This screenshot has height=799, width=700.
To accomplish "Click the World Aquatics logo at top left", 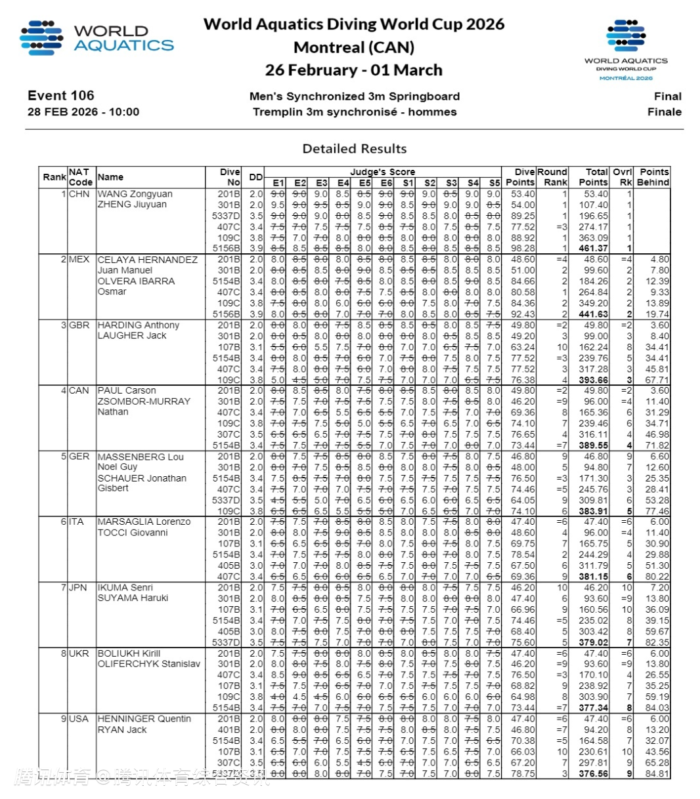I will tap(97, 38).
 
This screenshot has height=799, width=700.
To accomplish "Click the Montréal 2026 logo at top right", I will tap(626, 51).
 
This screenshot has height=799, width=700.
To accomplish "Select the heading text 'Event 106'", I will tap(61, 96).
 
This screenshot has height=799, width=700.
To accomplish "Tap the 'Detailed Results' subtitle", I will tap(355, 148).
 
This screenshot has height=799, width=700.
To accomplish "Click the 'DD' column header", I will tap(255, 177).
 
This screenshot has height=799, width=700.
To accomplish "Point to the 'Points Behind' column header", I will tap(654, 177).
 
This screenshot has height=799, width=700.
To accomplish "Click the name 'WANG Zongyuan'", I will tap(135, 194).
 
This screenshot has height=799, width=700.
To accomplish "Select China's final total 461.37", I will tap(593, 249).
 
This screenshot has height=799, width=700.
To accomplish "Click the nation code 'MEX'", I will tap(79, 260).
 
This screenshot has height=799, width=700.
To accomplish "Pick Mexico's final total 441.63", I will tap(593, 314).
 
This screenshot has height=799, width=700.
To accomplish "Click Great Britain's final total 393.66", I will tap(593, 380).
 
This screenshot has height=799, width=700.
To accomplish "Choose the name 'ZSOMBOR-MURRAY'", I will tap(144, 401).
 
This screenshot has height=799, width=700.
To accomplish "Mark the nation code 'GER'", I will tap(79, 457).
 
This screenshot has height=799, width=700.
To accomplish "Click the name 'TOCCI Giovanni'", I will tap(132, 533).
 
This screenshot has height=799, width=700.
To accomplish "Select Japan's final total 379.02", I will tap(593, 642).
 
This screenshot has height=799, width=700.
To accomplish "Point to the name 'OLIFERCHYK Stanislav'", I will tap(148, 664).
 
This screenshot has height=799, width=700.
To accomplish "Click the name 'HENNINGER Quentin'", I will tap(144, 719).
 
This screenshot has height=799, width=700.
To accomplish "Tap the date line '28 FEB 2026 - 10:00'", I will tap(83, 112).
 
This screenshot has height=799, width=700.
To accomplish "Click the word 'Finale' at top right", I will tap(664, 112).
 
